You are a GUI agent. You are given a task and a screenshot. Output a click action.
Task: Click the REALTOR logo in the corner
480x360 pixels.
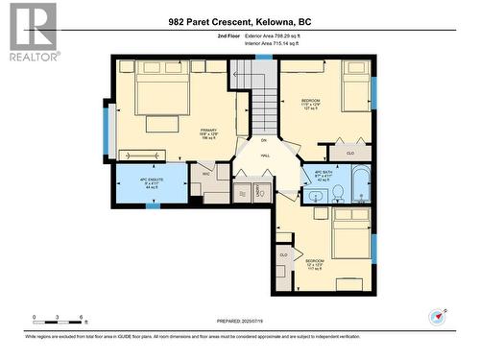tap(33, 32)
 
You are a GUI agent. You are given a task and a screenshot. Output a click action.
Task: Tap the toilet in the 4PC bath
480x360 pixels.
tap(340, 195)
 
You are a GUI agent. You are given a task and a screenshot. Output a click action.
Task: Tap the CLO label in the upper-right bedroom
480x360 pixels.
tap(350, 153)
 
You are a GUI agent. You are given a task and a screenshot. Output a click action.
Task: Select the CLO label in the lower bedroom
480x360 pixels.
tap(284, 254)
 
